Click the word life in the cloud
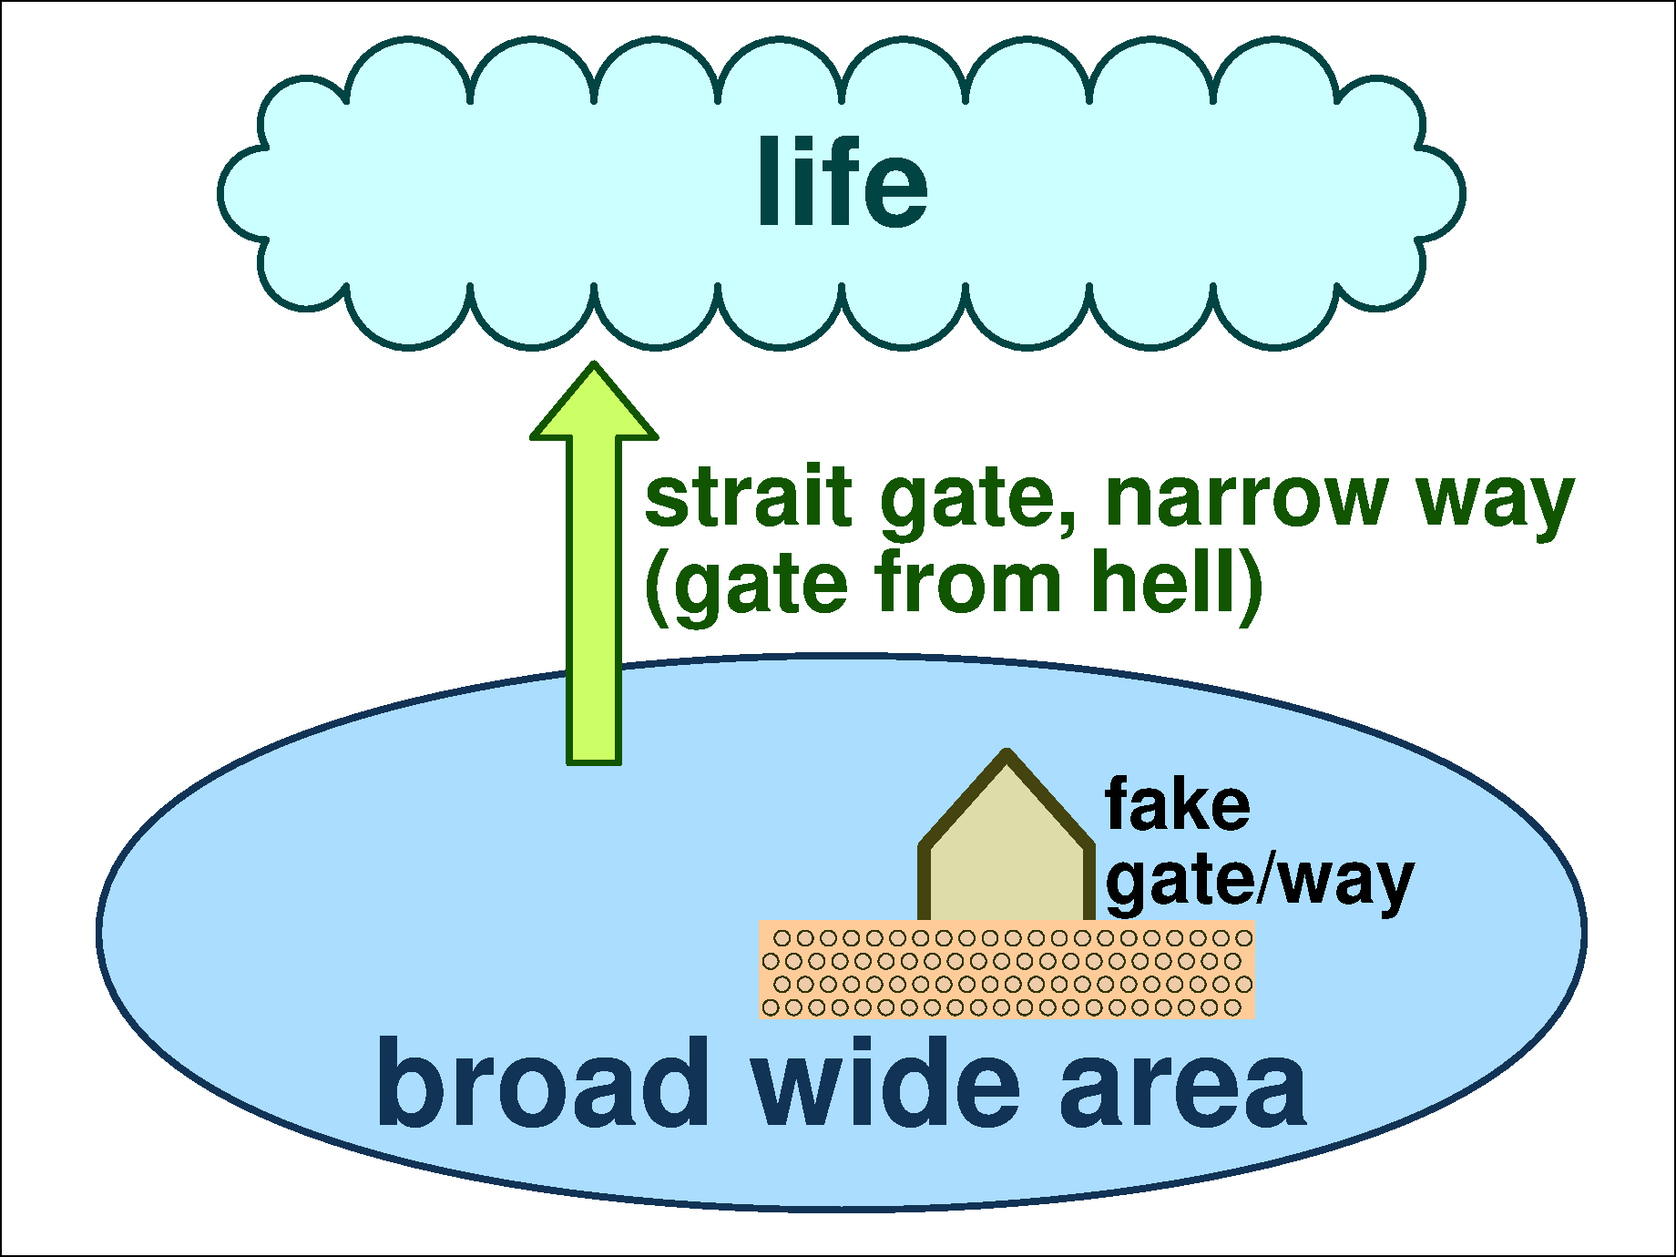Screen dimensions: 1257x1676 (843, 182)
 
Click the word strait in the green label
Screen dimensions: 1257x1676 (748, 498)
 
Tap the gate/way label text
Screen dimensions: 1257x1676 (1260, 882)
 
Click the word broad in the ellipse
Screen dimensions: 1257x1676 (544, 1084)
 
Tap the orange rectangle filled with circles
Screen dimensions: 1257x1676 (1007, 970)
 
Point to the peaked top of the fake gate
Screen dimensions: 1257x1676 (1007, 761)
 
